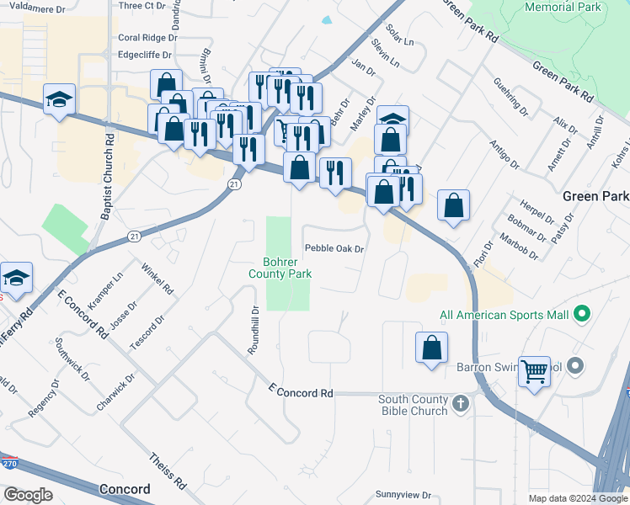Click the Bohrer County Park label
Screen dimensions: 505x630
(x=280, y=268)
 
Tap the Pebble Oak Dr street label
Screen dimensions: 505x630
(x=334, y=249)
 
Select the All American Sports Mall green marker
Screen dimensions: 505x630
(x=580, y=316)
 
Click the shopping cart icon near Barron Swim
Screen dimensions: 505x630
(x=536, y=371)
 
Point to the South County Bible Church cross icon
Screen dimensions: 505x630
(x=460, y=404)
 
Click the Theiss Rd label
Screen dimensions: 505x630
(x=168, y=472)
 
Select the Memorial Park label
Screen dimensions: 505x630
(x=563, y=7)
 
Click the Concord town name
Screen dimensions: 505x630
(x=125, y=489)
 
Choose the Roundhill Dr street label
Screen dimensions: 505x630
(x=254, y=331)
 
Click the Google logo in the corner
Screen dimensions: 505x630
(x=28, y=495)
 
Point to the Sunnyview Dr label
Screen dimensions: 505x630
(x=403, y=495)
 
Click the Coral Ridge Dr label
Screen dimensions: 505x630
(x=148, y=38)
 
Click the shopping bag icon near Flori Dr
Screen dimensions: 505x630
(x=453, y=205)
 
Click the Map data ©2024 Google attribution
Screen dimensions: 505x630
(x=579, y=498)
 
